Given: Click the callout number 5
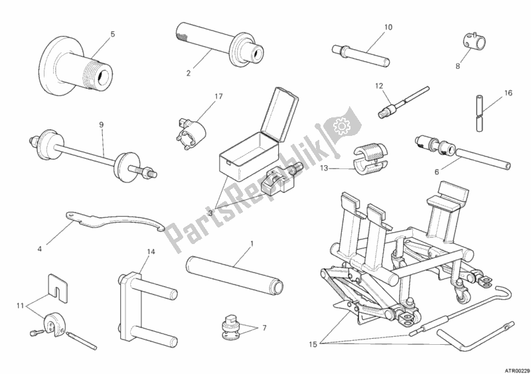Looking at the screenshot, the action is (x=113, y=34).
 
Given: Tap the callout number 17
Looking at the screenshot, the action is (x=218, y=96).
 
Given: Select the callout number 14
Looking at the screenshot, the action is (x=151, y=251).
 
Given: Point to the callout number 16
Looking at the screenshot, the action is (x=508, y=93).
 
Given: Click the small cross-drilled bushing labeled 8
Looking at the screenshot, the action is (x=474, y=42).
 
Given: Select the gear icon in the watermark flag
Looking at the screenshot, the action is (x=341, y=126).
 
